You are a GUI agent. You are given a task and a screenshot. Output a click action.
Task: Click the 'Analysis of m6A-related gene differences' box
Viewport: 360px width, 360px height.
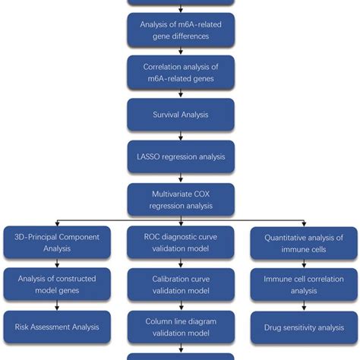tap(181, 29)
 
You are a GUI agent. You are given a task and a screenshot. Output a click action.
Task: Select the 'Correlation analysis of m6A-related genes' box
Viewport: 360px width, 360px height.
tap(181, 72)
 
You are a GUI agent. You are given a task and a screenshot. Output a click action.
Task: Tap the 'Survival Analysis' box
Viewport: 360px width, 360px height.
tap(181, 115)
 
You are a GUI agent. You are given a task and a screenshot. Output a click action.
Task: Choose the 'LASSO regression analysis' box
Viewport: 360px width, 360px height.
tap(181, 156)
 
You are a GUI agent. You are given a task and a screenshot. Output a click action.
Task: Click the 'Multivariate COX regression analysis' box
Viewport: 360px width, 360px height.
tap(181, 200)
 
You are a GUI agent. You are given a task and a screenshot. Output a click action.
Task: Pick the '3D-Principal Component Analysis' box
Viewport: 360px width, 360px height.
tap(57, 243)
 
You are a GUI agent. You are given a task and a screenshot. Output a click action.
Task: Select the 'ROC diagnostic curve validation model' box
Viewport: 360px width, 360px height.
tap(181, 243)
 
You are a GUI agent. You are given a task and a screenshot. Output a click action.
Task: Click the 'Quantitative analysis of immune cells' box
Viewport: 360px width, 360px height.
tap(304, 243)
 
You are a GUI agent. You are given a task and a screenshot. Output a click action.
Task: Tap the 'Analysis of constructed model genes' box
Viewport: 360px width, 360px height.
tap(57, 285)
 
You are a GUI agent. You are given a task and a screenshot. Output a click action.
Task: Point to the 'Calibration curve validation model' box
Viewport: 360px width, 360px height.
tap(181, 285)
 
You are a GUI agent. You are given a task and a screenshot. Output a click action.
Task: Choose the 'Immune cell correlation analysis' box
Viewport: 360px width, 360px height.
tap(304, 285)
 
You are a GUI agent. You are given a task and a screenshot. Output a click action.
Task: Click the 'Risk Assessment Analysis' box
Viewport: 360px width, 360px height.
tap(57, 327)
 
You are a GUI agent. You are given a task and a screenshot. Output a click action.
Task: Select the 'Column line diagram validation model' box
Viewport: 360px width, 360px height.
tap(181, 327)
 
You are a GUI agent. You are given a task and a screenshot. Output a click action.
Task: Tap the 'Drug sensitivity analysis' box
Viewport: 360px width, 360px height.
tap(304, 327)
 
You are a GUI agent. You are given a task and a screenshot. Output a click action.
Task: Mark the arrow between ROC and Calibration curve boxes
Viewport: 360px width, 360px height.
tap(181, 264)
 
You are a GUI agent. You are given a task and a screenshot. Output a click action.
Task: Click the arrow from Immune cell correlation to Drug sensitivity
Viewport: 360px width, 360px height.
tap(304, 305)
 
